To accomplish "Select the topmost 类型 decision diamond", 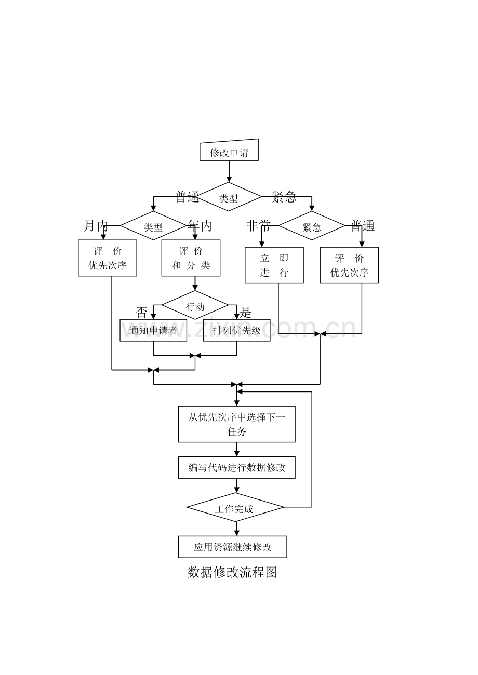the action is pos(228,197).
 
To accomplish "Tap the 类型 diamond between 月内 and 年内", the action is pos(153,225).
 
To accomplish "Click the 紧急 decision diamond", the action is pos(312,225).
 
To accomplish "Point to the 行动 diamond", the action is pos(195,305).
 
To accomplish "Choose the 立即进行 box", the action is pos(274,265).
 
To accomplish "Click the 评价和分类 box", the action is pos(191,258).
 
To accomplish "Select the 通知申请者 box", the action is pos(153,330).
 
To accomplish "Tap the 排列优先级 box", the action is pos(237,330).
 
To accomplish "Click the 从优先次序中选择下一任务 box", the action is pos(237,424).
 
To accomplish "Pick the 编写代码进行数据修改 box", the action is pos(237,467).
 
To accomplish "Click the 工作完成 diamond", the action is pos(235,507).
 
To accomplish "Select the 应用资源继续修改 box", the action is pos(233,547).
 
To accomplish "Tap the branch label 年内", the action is pos(200,226).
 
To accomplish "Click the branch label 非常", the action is pos(258,226).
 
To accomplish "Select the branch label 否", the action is pos(141,313).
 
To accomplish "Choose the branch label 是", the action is pos(245,313).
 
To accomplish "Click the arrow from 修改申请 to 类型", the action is pos(229,171).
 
